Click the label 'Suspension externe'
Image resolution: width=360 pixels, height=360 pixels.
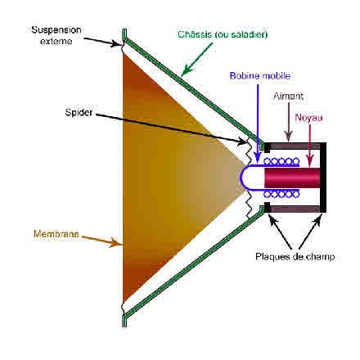(x=56, y=35)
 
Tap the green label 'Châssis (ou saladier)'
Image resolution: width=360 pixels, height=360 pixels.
(x=223, y=34)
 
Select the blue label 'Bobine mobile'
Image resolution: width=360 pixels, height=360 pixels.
(x=259, y=75)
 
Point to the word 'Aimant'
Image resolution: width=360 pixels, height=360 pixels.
(x=288, y=96)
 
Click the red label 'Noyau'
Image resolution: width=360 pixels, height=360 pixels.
(x=308, y=118)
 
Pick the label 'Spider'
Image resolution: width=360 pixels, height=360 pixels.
(x=79, y=112)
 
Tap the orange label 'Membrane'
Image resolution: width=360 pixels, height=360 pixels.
(x=56, y=234)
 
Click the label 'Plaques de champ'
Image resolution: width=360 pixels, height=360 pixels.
(x=295, y=257)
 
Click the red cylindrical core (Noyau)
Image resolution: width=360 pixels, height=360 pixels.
(x=292, y=178)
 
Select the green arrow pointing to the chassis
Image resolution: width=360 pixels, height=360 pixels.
(x=196, y=59)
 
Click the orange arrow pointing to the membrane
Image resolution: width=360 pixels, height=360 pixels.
(x=102, y=241)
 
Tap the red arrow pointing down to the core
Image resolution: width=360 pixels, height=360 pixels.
(x=309, y=145)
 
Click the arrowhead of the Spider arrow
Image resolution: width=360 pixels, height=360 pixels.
(x=242, y=142)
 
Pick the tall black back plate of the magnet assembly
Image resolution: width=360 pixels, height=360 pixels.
(x=323, y=178)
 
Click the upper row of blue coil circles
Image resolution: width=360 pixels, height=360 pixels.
(x=281, y=162)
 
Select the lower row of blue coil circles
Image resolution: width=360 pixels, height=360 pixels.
(x=281, y=194)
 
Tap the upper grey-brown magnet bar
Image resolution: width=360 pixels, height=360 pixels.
(x=295, y=146)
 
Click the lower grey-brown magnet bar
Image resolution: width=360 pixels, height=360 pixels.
(x=295, y=209)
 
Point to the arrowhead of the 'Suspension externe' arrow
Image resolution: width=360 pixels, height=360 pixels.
(x=116, y=43)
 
